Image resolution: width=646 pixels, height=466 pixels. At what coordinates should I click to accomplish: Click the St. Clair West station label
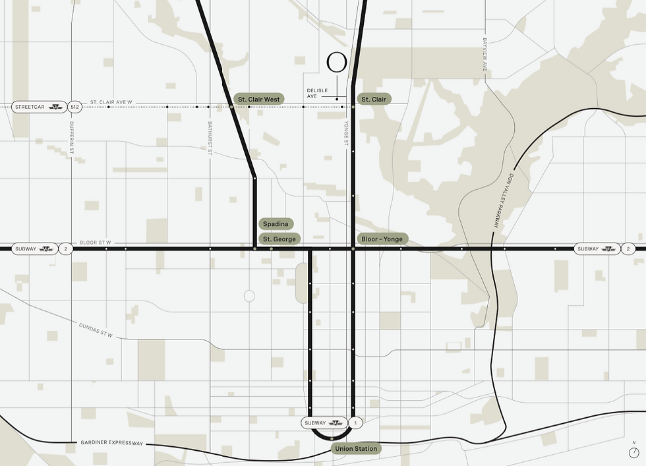259,100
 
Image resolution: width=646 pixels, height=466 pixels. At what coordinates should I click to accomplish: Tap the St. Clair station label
374,100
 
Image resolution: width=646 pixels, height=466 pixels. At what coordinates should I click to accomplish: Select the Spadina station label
276,224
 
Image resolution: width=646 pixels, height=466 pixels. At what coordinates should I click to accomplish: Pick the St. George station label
280,239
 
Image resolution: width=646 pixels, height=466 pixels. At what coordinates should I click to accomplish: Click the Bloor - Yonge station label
382,239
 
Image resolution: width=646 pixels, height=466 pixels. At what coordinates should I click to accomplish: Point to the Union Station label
356,449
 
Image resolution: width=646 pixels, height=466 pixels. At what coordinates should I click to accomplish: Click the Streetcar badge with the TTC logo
39,106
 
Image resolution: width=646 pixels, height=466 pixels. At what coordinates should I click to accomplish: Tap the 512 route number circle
74,106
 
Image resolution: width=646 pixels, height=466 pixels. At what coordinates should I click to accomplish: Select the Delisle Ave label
317,94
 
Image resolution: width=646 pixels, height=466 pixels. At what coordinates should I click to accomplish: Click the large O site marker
337,63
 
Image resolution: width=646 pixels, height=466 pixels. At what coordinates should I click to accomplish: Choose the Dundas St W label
96,330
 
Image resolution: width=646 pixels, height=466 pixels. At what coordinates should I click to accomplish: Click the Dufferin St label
71,138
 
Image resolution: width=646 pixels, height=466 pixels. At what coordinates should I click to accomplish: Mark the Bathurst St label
210,138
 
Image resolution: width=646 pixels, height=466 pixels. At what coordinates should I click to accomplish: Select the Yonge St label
345,134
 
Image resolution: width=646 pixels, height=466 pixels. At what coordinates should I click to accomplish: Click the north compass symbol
634,452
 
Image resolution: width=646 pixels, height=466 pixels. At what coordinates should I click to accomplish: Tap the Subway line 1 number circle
356,422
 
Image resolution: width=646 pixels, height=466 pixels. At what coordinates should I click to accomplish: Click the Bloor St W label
96,243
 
